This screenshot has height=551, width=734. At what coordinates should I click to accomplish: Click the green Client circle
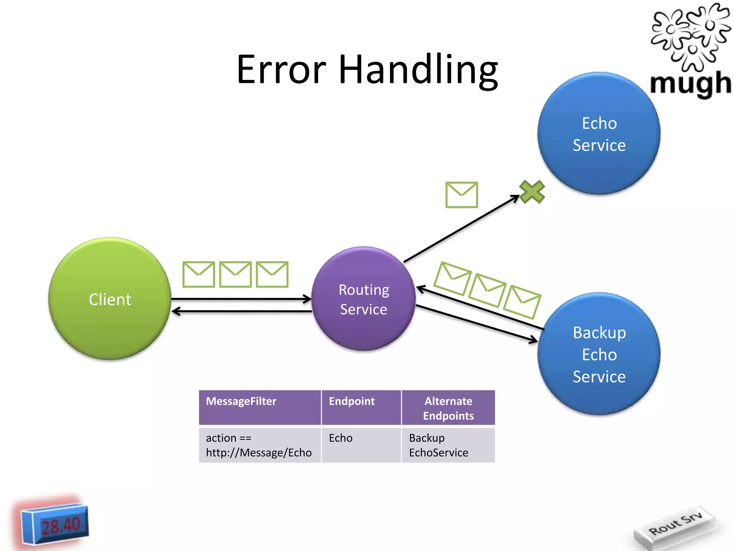[110, 298]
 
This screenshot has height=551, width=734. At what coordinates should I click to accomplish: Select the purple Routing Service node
[363, 298]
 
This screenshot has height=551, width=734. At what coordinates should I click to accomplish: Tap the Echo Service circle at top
[599, 133]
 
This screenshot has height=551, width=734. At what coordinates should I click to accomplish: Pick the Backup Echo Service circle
[599, 354]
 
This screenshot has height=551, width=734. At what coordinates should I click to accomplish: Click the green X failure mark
[532, 192]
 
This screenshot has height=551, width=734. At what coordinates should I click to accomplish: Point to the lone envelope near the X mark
[462, 195]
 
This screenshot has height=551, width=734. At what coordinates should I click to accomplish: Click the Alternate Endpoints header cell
[448, 408]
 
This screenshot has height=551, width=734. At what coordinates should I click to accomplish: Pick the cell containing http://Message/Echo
[260, 445]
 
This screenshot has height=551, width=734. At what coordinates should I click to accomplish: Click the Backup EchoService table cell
[448, 445]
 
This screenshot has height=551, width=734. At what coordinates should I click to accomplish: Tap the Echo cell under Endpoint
[361, 445]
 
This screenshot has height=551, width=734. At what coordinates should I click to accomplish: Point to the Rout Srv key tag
[676, 525]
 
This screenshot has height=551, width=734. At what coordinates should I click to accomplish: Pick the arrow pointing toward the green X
[462, 229]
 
